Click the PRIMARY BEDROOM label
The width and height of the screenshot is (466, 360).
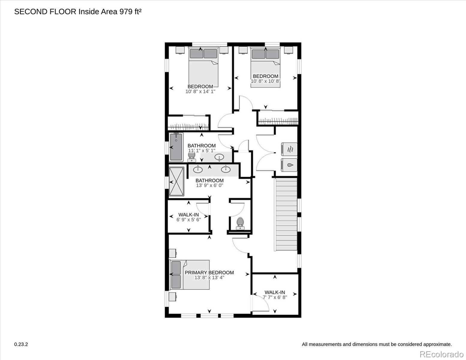(x=209, y=272)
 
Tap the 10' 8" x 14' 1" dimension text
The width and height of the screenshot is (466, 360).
(x=200, y=91)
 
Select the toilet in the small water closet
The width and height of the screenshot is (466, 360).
(x=240, y=223)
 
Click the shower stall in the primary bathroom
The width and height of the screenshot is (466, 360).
(x=176, y=181)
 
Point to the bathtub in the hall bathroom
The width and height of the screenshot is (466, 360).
(x=176, y=147)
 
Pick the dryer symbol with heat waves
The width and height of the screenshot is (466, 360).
(x=289, y=149)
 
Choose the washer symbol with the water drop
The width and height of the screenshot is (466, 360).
(x=289, y=165)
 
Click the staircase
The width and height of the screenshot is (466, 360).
(x=286, y=214)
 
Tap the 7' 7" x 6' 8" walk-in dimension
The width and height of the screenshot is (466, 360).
(x=275, y=297)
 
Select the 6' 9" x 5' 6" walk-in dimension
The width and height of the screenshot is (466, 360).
(x=189, y=220)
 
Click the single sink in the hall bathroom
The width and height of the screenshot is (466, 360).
(x=219, y=157)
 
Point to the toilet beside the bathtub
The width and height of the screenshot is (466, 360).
(x=191, y=157)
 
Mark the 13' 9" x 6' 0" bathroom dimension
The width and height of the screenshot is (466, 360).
(x=209, y=185)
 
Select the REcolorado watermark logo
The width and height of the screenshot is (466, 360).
(x=442, y=354)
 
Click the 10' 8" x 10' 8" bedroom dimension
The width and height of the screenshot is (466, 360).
(x=266, y=81)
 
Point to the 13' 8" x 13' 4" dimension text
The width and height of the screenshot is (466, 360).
(x=209, y=278)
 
